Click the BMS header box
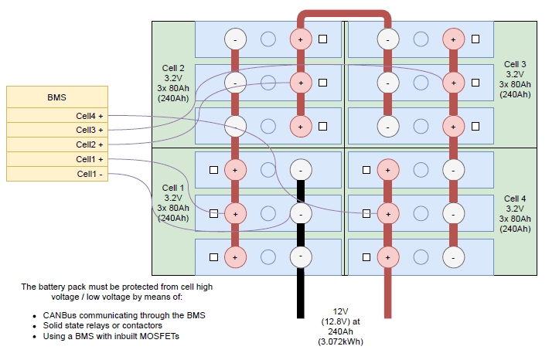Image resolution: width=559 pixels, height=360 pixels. [56, 97]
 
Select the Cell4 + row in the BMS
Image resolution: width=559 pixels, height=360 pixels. [56, 116]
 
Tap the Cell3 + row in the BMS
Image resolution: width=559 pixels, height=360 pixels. [56, 130]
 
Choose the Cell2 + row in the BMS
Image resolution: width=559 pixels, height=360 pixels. [56, 144]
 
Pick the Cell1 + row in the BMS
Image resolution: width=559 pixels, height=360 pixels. [56, 159]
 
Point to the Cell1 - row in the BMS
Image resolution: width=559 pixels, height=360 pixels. [56, 174]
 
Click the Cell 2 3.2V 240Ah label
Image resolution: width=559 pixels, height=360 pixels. [174, 83]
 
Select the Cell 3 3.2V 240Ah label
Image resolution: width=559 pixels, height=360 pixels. [515, 79]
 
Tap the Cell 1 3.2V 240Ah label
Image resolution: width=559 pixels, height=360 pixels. [172, 203]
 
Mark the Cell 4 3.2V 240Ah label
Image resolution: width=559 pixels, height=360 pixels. [515, 214]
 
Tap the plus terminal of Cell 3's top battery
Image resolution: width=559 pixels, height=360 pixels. [453, 39]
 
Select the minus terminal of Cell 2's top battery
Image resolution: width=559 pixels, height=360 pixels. [236, 39]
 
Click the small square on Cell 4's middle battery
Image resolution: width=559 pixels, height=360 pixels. [365, 212]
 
